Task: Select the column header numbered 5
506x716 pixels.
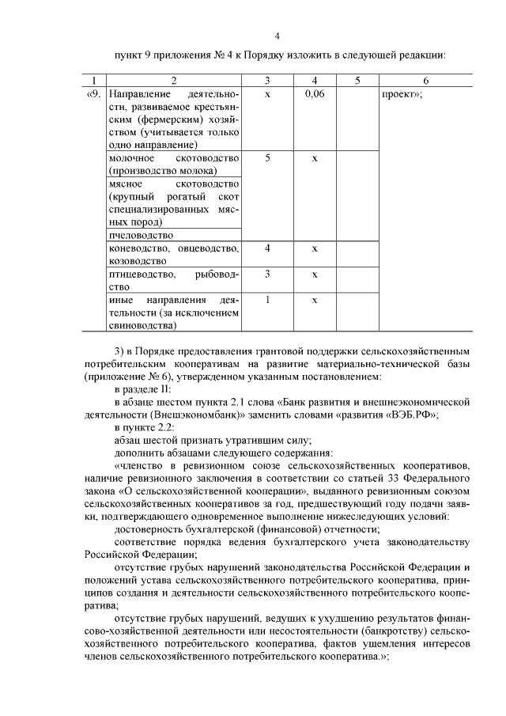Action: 357,81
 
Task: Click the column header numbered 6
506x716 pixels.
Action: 425,81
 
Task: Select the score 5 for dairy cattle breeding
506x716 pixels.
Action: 268,158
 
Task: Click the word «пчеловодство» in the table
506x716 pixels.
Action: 139,235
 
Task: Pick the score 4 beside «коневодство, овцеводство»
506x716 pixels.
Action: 268,248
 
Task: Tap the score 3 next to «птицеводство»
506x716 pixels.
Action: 268,274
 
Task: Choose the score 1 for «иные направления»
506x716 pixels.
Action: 268,300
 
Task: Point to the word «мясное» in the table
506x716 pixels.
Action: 126,184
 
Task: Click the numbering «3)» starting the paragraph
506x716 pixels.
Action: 119,350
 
